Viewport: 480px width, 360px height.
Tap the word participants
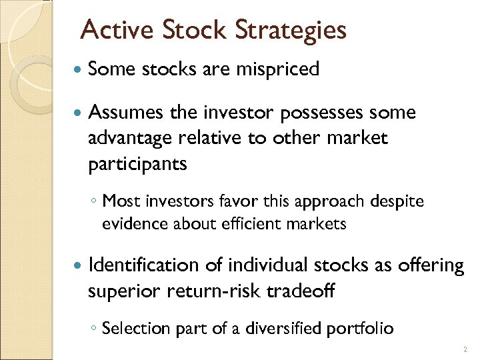(137, 164)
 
